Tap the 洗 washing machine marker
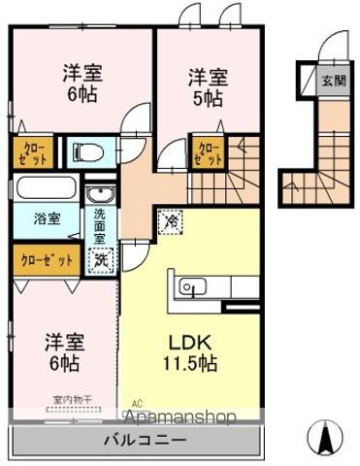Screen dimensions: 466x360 [101, 259]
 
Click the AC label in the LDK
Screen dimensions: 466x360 [137, 402]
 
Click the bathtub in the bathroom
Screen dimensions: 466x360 [47, 188]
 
